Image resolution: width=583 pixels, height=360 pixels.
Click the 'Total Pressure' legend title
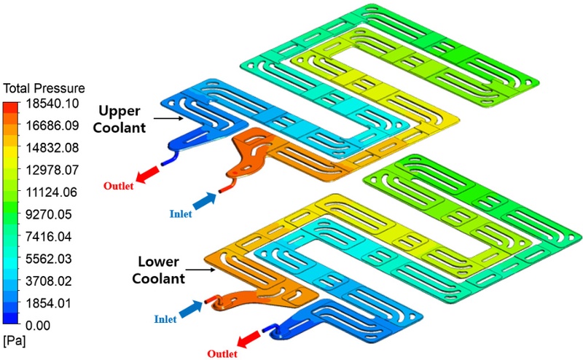(44, 90)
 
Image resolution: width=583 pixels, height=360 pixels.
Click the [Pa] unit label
(15, 340)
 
